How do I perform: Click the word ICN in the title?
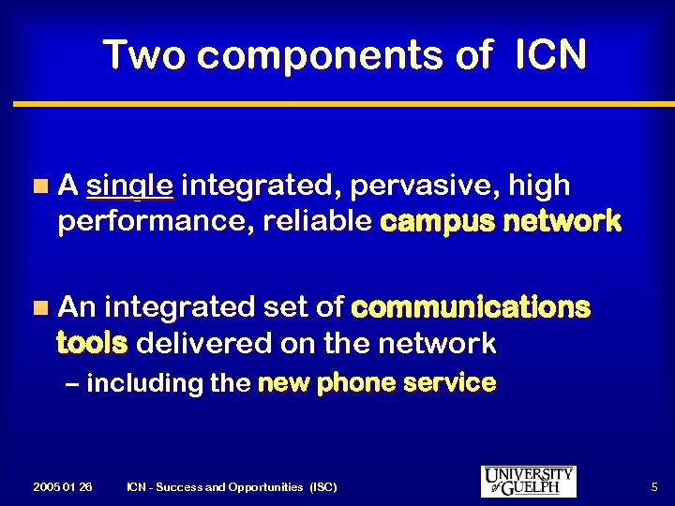coord(550,55)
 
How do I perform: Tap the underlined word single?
coord(129,186)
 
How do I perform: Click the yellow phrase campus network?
coord(501,222)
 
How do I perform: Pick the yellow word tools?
coord(91,344)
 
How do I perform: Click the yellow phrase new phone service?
coord(376,382)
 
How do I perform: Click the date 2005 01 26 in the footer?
coord(62,487)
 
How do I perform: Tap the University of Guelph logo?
coord(529,481)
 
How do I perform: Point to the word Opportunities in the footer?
coord(253,487)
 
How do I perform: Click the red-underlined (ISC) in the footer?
coord(321,487)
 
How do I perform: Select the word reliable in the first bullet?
coord(319,222)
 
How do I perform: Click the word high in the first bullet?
coord(539,186)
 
